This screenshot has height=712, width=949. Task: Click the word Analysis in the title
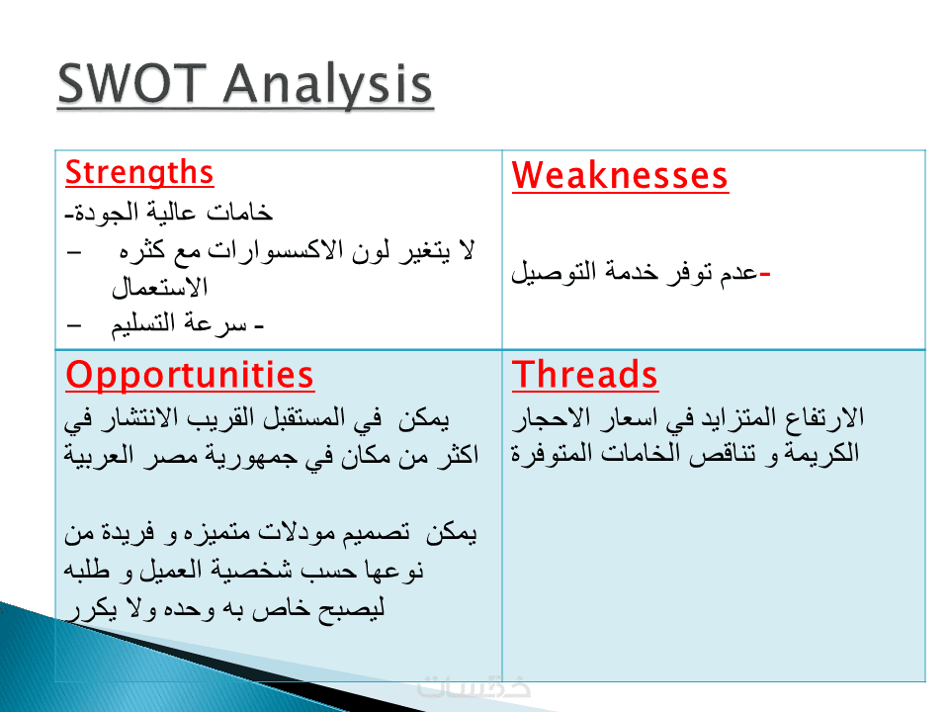[x=328, y=86]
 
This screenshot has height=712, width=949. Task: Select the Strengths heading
[x=139, y=173]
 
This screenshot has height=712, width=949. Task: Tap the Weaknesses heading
[x=620, y=176]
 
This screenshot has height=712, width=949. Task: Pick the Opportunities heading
[x=190, y=376]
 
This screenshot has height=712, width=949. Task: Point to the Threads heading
[x=584, y=374]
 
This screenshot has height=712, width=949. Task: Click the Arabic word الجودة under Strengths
[x=98, y=212]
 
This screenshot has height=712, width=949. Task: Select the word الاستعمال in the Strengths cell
[x=160, y=287]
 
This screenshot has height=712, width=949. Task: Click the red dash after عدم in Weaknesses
[x=764, y=275]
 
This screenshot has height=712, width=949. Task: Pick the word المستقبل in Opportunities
[x=303, y=417]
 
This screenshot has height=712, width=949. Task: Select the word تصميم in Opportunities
[x=376, y=533]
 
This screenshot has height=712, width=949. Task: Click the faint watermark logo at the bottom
[x=474, y=688]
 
